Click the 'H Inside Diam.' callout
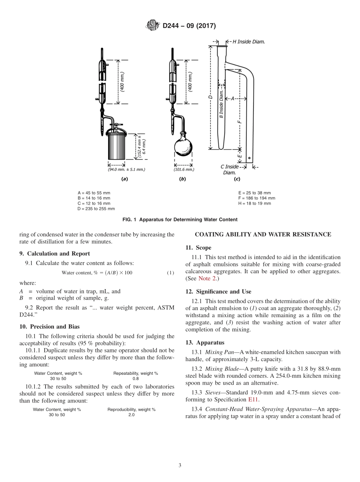pos(248,42)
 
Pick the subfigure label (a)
pos(124,179)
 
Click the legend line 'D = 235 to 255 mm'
pos(96,208)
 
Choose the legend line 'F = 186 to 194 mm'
pos(257,198)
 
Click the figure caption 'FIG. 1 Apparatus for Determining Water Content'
pos(180,219)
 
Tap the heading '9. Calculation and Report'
pos(55,254)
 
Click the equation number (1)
pos(171,273)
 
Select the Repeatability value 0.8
pos(135,379)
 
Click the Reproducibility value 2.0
pos(131,415)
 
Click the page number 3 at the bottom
pos(180,466)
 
